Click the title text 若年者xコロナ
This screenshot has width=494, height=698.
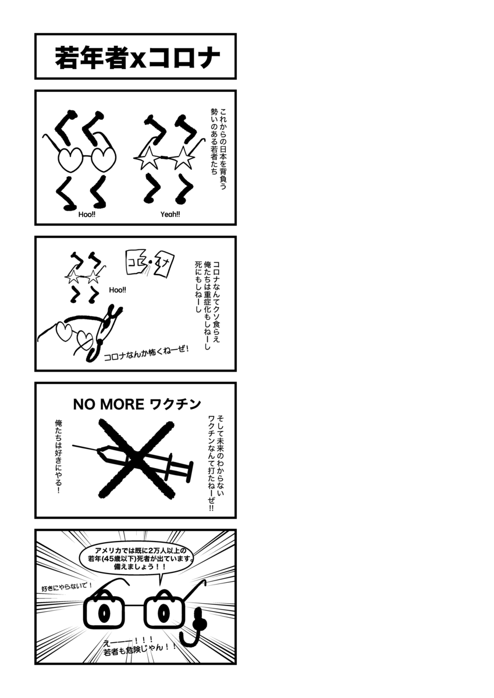137,58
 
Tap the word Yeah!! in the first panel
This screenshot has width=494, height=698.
170,215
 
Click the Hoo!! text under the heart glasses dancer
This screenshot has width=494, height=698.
87,215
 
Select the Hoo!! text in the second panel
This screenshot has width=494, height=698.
118,290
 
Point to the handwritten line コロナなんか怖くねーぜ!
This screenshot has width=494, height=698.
147,353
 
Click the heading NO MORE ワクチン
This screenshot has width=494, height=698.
137,404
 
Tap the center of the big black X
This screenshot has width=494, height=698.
136,460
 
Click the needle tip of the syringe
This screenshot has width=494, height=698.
73,446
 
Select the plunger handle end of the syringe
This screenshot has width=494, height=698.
189,472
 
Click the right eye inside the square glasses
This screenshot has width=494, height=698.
163,613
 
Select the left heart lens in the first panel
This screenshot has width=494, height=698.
71,159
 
